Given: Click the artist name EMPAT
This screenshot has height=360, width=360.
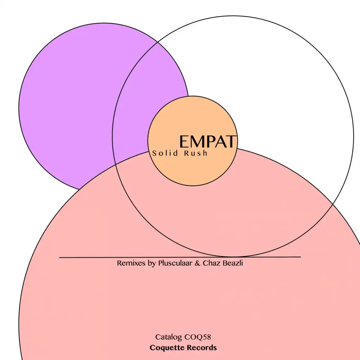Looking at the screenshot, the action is pyautogui.click(x=208, y=141).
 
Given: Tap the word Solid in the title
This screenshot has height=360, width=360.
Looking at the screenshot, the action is pyautogui.click(x=165, y=153).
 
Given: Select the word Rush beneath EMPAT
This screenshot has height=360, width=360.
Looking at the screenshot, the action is pyautogui.click(x=196, y=153).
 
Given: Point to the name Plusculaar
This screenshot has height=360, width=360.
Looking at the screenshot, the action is pyautogui.click(x=175, y=263).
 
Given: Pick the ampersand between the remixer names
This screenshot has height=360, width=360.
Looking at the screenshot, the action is pyautogui.click(x=197, y=263).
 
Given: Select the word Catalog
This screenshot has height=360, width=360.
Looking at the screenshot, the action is pyautogui.click(x=168, y=337).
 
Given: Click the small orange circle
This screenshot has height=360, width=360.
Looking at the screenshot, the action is pyautogui.click(x=193, y=141).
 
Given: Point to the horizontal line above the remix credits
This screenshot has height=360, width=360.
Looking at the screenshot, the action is pyautogui.click(x=180, y=257).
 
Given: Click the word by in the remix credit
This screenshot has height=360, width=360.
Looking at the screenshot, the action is pyautogui.click(x=152, y=263).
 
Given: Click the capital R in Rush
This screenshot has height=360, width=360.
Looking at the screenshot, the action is pyautogui.click(x=186, y=153).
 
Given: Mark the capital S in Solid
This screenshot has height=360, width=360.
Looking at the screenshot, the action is pyautogui.click(x=154, y=153).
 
